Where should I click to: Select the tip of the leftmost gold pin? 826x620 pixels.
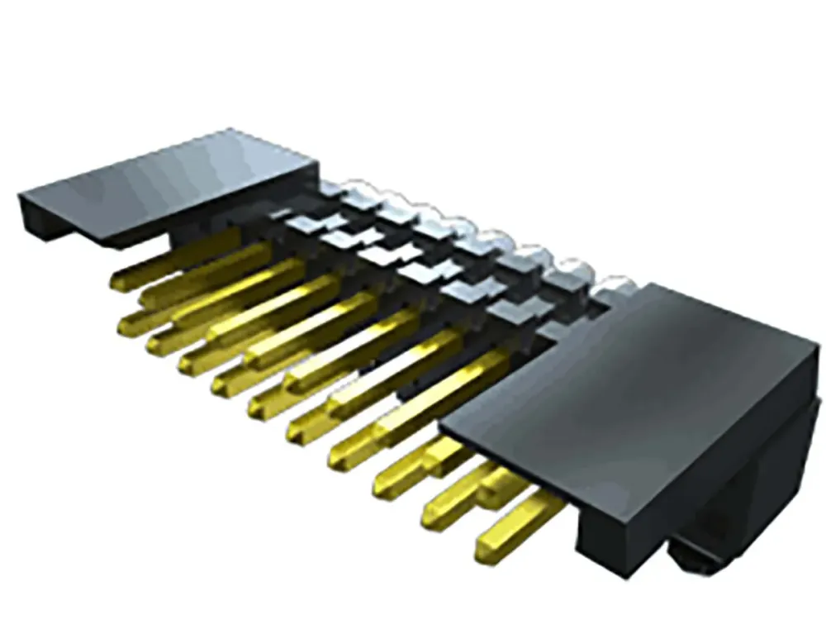118,284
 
